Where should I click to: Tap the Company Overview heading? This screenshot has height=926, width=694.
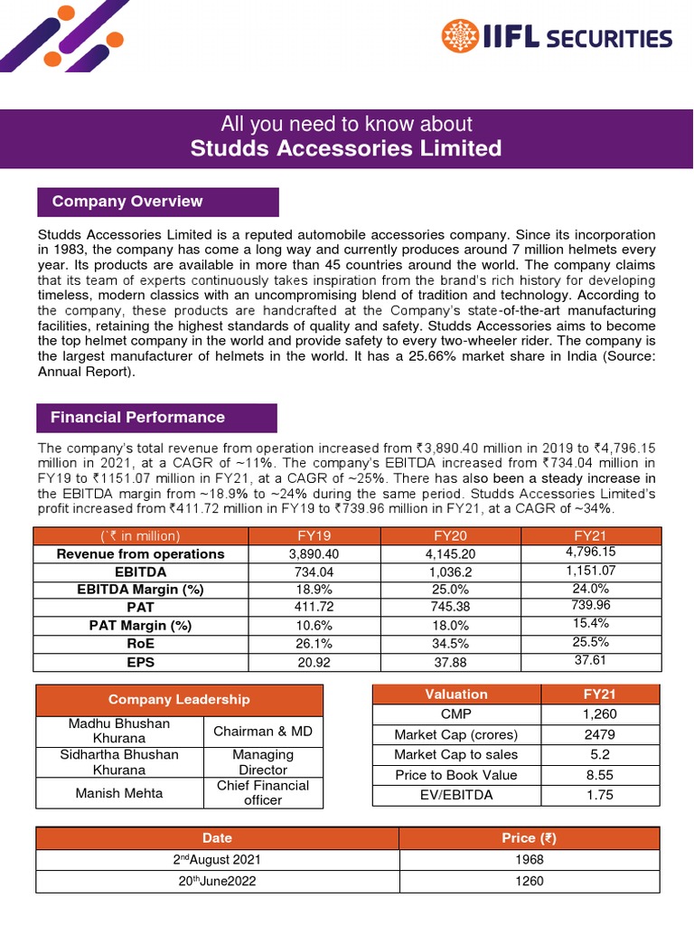coord(127,202)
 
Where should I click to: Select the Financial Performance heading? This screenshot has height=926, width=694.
coord(137,418)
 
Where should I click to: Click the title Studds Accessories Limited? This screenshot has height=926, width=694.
coord(346,148)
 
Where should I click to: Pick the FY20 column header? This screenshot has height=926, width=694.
coord(450,535)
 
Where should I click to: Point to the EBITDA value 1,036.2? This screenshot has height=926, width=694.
coord(450,572)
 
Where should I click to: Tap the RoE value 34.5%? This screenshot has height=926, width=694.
coord(450,643)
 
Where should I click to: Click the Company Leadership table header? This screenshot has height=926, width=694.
coord(179,699)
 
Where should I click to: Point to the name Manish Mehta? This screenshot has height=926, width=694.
coord(107,793)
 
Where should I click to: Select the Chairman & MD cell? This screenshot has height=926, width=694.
coord(263,731)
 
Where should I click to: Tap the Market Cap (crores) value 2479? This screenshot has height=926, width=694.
coord(600,734)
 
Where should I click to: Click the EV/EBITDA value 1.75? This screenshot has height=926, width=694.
coord(600,795)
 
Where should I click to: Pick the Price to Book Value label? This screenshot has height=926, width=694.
coord(456,775)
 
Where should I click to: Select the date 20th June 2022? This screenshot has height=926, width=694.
coord(217,881)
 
